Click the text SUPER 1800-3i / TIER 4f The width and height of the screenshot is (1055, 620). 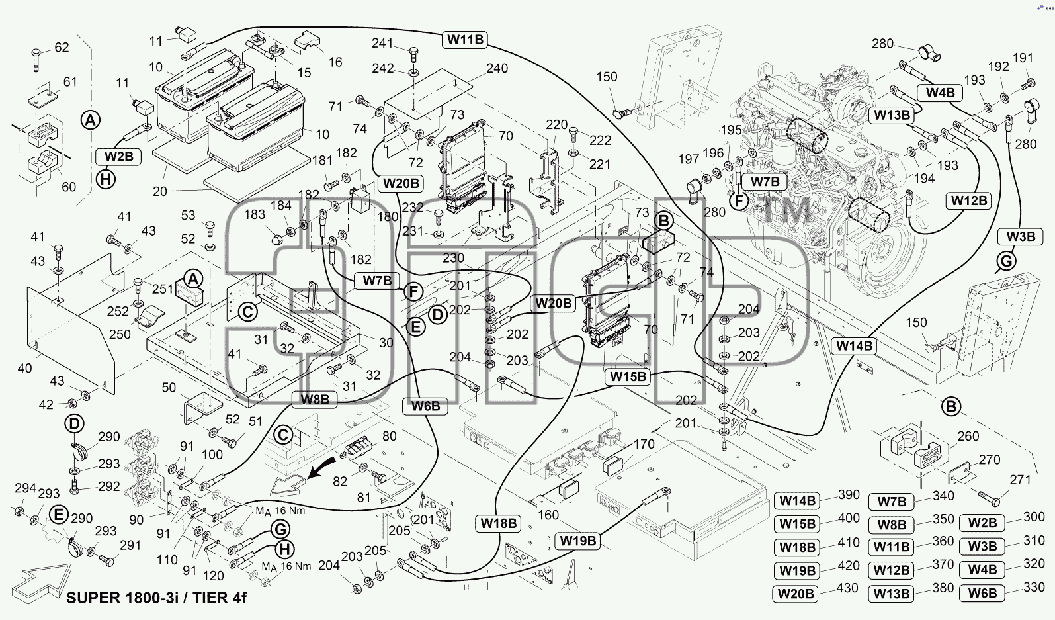coord(156,598)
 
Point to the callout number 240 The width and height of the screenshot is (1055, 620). coord(497,68)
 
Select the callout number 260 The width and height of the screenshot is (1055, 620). coord(968,436)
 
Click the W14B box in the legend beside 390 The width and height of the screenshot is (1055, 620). coord(798,500)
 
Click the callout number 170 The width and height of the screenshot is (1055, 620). coord(644,444)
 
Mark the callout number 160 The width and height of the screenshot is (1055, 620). coord(548,515)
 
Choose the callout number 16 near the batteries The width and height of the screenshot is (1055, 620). coord(335,62)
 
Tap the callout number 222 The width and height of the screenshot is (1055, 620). coord(600,140)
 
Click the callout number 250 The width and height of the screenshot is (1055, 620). coord(120,335)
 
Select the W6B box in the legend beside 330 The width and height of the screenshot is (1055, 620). coord(982,593)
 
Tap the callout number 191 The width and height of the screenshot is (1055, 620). coord(1023,58)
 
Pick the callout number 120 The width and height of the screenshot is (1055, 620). coord(213,576)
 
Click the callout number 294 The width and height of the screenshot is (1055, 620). coord(25,488)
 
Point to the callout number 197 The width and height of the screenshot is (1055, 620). coord(689,159)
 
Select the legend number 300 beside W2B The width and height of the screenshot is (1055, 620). coord(1034,517)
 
